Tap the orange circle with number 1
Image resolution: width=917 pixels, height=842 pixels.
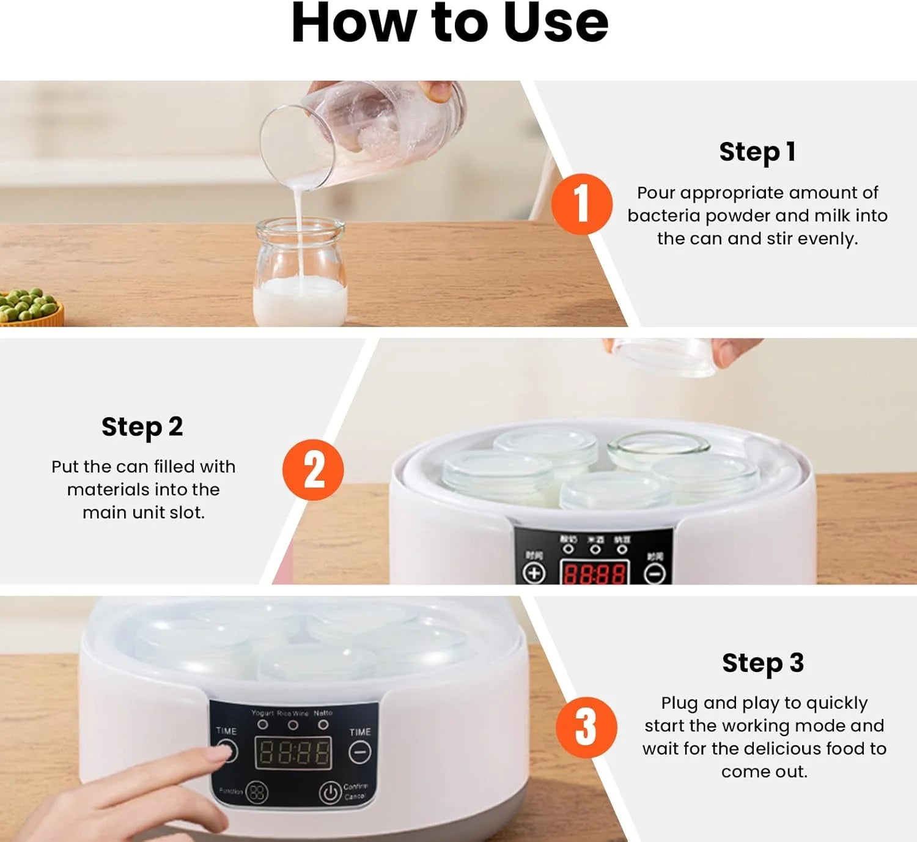click(581, 204)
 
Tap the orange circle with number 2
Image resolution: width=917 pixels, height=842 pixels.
click(313, 470)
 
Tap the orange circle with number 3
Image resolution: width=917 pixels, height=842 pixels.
click(586, 728)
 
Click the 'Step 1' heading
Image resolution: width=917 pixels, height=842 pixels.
click(757, 152)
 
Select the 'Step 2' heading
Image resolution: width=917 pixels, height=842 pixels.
click(142, 427)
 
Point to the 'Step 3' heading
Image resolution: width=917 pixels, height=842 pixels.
click(762, 663)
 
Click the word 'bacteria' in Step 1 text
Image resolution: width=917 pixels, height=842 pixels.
click(663, 216)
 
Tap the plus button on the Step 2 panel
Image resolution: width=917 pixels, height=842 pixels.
click(534, 573)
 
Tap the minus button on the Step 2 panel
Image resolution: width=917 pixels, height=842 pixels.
click(655, 574)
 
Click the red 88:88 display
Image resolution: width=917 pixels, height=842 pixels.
click(594, 574)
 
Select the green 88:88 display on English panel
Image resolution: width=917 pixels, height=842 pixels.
click(293, 753)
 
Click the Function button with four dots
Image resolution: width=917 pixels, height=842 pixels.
click(257, 792)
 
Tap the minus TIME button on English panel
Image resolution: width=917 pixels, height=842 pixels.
click(359, 752)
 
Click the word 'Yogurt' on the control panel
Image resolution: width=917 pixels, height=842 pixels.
click(262, 713)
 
